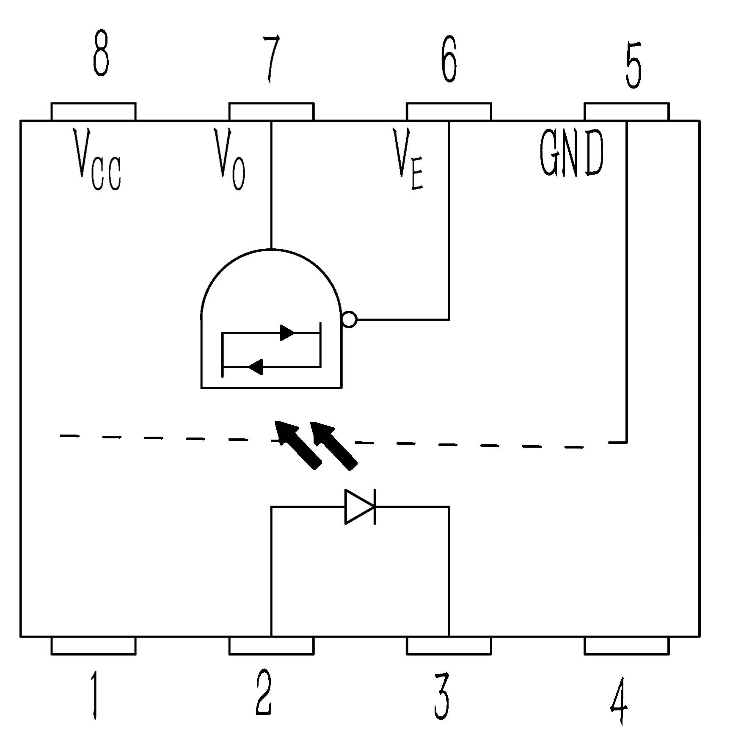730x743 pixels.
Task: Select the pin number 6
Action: (x=449, y=59)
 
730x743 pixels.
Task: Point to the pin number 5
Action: (x=633, y=65)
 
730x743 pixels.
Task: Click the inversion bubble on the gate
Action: (x=349, y=319)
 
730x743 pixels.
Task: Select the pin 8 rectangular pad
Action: (x=94, y=112)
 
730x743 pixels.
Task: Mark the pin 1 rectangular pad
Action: (x=94, y=646)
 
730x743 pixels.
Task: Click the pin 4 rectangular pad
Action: (x=627, y=646)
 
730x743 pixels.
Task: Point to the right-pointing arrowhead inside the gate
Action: (x=287, y=333)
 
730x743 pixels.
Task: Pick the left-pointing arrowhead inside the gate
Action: (x=256, y=366)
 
